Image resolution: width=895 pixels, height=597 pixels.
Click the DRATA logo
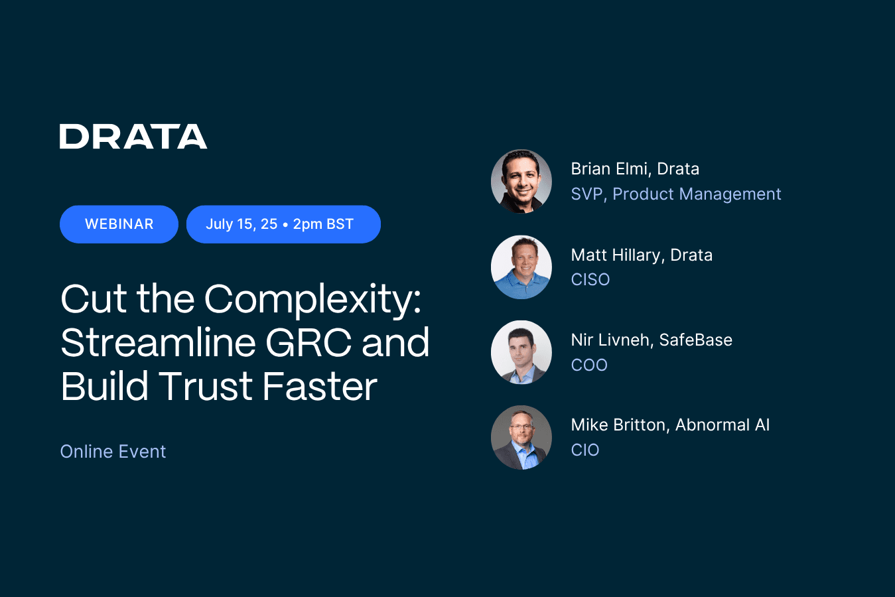point(133,136)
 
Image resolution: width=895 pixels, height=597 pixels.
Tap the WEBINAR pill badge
point(119,224)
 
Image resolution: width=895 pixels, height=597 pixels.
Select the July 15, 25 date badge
point(283,224)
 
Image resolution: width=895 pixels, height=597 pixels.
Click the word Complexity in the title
point(312,300)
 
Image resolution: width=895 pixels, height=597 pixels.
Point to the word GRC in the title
point(308,343)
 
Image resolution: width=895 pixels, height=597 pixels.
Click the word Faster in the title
point(320,386)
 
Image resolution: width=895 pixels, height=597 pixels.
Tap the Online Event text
point(113,452)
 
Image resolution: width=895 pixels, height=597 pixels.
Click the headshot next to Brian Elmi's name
point(521,181)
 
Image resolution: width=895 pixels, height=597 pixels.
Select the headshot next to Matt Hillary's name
point(521,267)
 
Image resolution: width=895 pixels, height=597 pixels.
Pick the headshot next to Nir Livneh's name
point(521,352)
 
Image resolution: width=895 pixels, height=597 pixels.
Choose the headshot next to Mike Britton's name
point(521,438)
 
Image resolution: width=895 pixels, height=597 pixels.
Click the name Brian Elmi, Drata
point(635,169)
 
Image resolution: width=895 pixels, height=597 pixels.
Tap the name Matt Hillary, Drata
point(642,255)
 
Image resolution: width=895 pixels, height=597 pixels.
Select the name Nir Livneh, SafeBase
point(652,340)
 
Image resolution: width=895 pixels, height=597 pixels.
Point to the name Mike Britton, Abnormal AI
point(670,425)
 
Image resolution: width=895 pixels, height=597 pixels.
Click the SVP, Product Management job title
point(675,194)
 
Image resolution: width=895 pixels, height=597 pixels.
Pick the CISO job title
point(590,280)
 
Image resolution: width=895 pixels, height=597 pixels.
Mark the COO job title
point(589,365)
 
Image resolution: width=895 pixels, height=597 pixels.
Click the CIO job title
point(585,450)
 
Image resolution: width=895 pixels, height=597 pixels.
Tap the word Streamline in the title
point(158,343)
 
